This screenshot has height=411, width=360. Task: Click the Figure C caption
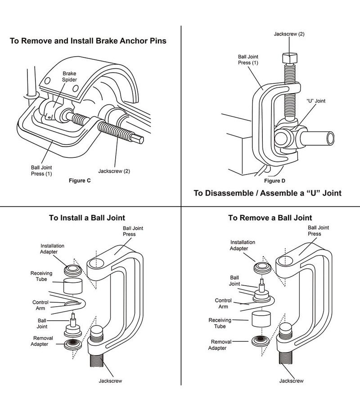[x=79, y=181]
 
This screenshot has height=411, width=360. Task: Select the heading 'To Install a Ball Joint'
[x=87, y=218]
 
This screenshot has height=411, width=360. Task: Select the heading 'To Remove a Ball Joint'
[x=270, y=218]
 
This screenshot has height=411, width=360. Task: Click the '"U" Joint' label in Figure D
[x=316, y=101]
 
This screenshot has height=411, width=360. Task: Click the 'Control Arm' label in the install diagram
[x=40, y=305]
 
